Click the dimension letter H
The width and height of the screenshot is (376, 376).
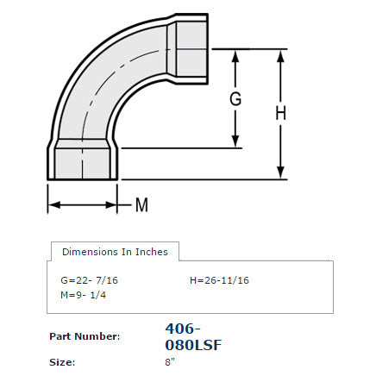[x=280, y=112]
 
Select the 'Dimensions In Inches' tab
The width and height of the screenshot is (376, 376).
[x=115, y=252]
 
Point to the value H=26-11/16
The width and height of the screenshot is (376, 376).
[x=219, y=280]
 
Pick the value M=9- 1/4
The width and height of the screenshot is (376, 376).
[x=83, y=295]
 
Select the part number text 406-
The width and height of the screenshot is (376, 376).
[x=182, y=329]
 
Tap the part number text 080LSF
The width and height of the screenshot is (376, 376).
[x=192, y=345]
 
